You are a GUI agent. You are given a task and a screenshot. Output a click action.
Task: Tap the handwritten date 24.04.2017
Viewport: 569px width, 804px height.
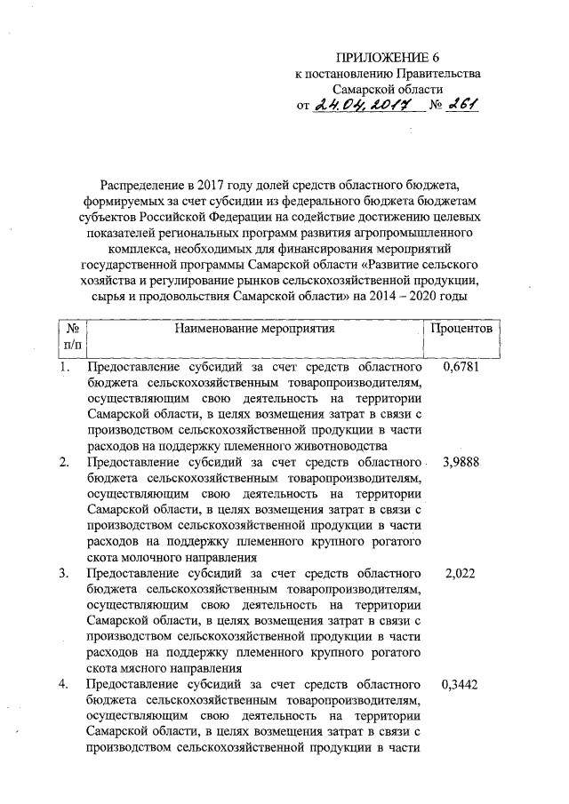[364, 107]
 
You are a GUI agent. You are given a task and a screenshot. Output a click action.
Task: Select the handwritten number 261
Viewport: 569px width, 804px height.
[462, 106]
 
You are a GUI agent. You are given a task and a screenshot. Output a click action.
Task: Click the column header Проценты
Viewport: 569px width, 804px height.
[461, 329]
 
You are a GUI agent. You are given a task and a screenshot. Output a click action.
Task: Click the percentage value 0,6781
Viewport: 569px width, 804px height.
[460, 366]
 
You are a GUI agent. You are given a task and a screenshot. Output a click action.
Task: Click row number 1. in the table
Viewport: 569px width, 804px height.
[64, 366]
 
